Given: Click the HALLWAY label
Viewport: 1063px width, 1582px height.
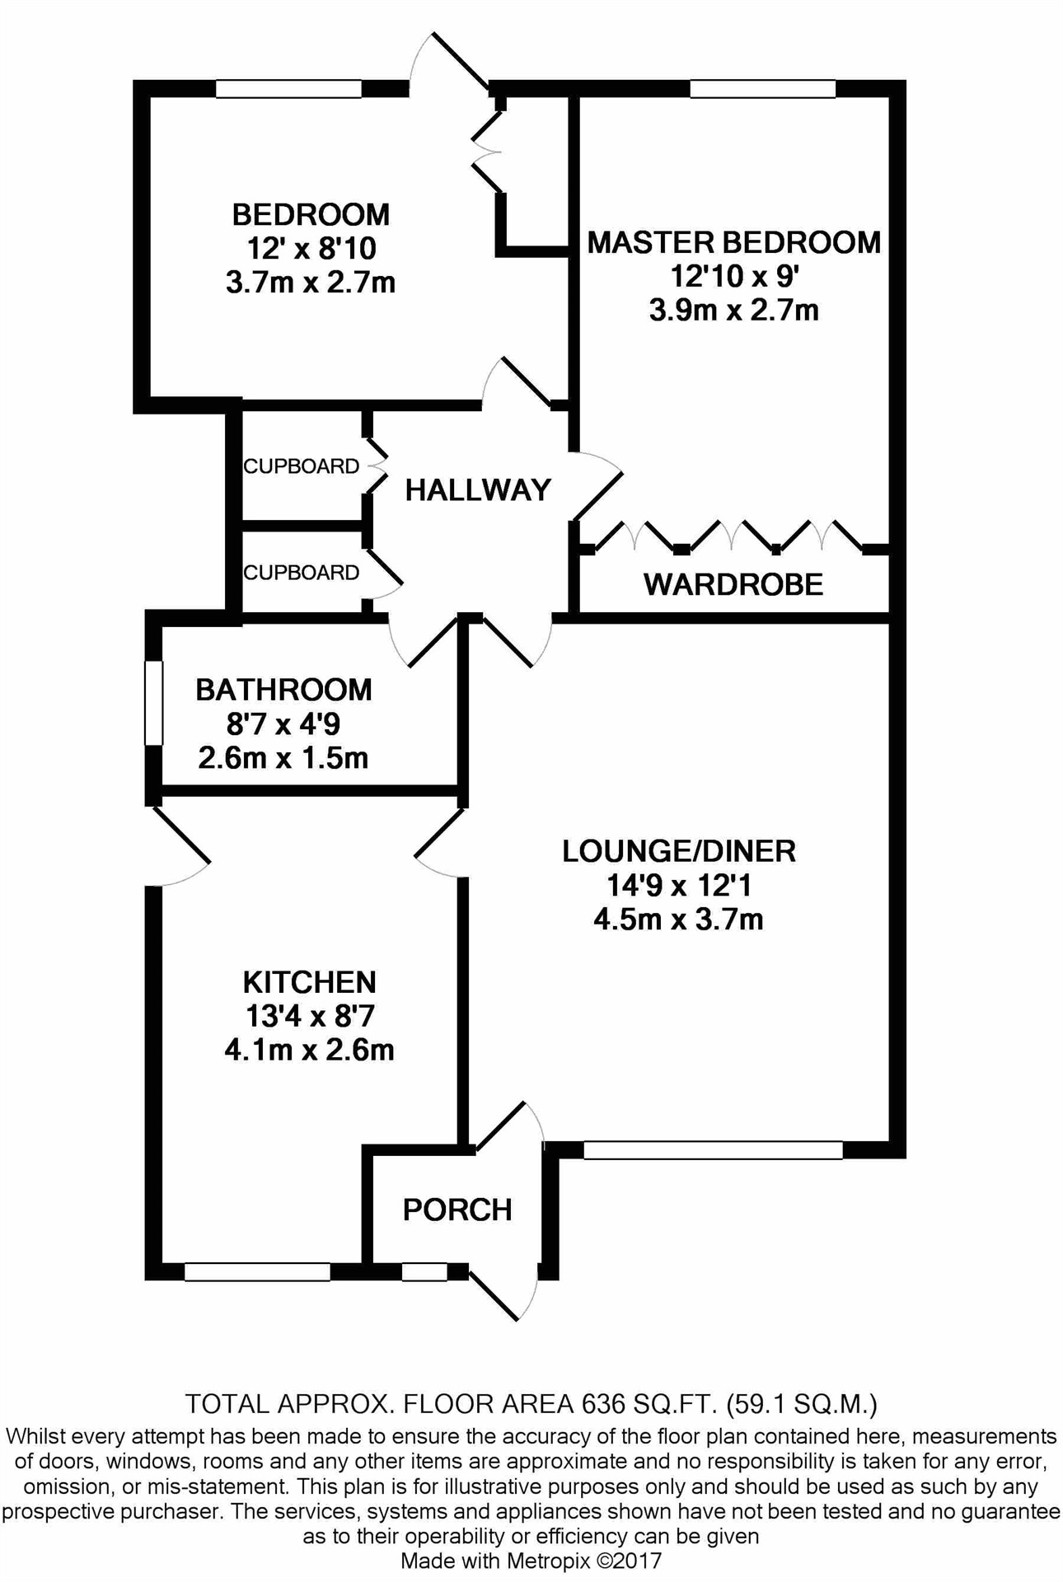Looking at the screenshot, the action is click(x=477, y=490).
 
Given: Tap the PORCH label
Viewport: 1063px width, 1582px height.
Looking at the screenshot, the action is click(x=457, y=1210).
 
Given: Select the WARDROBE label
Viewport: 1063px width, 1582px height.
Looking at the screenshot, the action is click(x=733, y=584).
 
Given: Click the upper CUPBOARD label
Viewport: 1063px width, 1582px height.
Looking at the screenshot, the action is click(x=301, y=466).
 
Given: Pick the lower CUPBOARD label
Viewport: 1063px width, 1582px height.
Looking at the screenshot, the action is click(x=301, y=573).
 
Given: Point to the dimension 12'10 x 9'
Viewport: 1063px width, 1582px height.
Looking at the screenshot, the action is click(x=733, y=277).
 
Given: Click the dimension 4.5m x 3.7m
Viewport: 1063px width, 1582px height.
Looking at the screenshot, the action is click(x=678, y=919).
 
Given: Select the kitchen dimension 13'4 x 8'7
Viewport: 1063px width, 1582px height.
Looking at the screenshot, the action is click(x=309, y=1017).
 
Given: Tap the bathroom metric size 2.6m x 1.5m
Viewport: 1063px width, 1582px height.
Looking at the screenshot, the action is click(x=283, y=758).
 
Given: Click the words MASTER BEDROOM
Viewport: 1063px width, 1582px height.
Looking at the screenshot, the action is click(x=733, y=242).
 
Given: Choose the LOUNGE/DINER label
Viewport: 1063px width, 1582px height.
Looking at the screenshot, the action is click(x=678, y=851).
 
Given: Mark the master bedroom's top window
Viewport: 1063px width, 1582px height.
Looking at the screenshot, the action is click(x=762, y=89).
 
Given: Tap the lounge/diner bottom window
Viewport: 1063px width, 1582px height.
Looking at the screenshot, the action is click(x=713, y=1149).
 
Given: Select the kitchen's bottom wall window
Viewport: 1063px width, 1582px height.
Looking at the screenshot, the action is click(x=257, y=1272).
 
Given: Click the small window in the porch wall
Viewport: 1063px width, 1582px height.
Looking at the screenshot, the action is click(x=424, y=1272).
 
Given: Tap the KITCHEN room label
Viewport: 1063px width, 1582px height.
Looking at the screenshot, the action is click(x=309, y=982).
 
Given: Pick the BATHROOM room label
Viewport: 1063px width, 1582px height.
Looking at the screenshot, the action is click(x=283, y=690).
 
